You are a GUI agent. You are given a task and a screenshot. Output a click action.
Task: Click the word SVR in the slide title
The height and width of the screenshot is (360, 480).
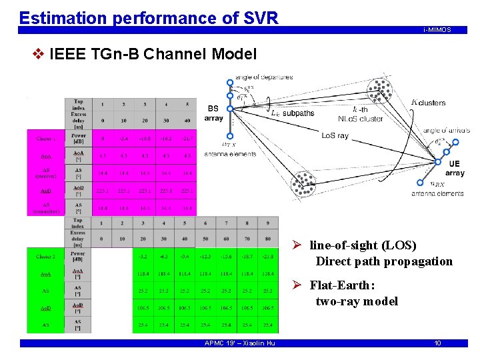(257, 17)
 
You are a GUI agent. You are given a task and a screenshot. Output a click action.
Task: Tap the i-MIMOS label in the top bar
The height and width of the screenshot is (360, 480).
(437, 30)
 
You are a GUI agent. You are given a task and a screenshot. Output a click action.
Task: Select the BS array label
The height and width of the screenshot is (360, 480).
(213, 113)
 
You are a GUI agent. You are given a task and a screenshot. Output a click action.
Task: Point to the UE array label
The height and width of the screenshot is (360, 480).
(454, 168)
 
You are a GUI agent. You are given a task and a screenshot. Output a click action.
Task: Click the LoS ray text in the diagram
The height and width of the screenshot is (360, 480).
(335, 136)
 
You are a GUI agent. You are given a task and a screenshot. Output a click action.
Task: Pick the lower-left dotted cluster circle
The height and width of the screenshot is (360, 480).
(304, 185)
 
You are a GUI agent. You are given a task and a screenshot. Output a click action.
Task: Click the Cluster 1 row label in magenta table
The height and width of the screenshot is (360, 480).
(45, 139)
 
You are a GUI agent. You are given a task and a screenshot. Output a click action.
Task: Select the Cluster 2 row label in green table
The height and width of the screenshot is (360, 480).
(45, 257)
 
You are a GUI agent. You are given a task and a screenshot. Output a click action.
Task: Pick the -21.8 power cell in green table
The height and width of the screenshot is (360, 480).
(267, 256)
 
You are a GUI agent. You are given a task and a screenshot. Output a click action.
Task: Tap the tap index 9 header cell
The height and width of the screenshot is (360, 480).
(267, 223)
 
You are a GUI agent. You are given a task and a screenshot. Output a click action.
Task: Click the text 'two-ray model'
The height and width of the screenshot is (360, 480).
(357, 301)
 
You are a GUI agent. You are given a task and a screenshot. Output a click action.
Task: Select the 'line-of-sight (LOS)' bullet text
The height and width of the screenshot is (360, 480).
(363, 245)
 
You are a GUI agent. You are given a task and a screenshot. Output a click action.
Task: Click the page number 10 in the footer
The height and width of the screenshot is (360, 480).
(437, 343)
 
